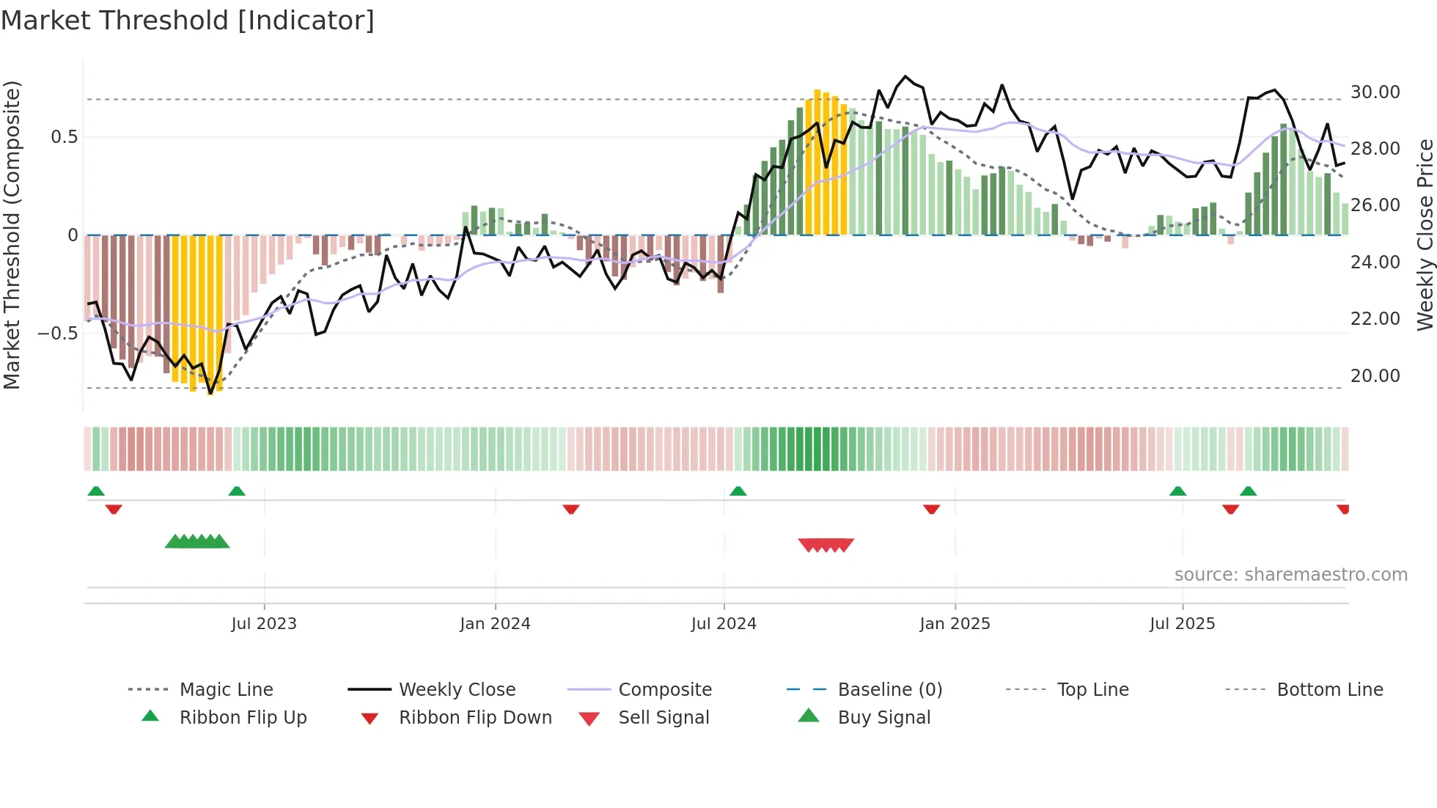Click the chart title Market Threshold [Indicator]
(188, 21)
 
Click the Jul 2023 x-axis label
(264, 624)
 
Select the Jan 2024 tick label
(495, 624)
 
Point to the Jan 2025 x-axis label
(955, 624)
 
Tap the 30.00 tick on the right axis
(1375, 92)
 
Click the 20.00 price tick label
(1375, 376)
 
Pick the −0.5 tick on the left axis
(58, 334)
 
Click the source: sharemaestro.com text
(1290, 575)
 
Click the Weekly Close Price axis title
(1425, 235)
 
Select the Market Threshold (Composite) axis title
(12, 235)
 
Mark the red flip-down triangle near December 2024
(931, 509)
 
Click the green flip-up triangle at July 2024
(738, 491)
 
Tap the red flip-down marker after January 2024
(571, 509)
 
